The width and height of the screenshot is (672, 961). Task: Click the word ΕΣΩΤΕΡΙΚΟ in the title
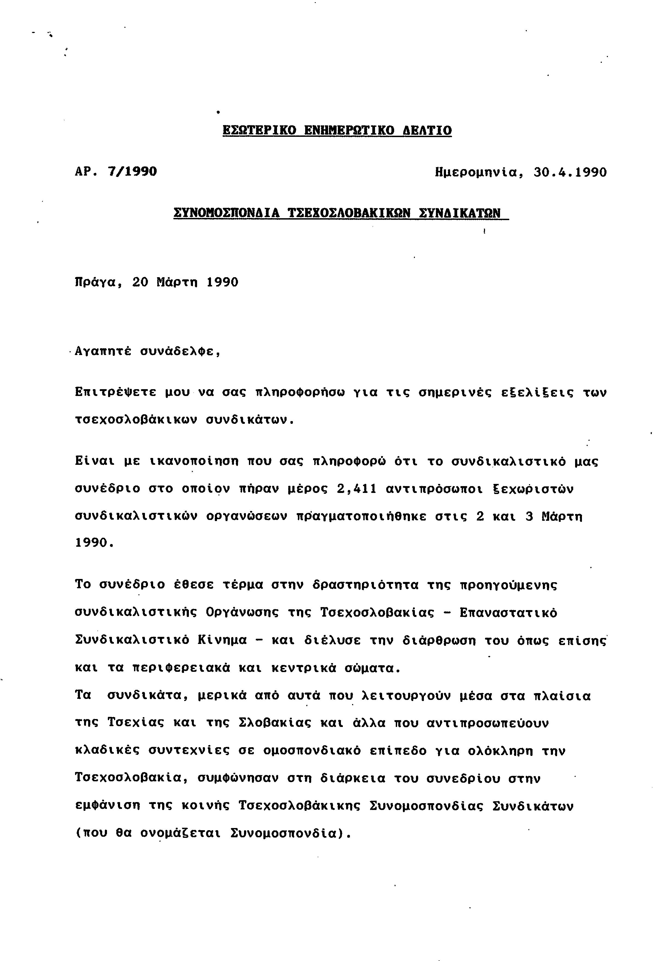259,130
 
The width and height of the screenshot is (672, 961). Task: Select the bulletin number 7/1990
132,171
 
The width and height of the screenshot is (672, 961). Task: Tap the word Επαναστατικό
509,613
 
